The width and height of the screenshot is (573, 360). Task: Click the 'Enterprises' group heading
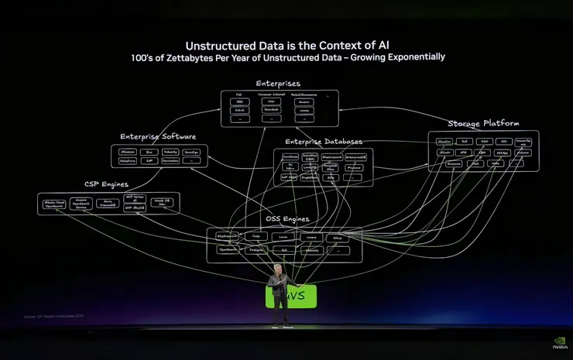(x=278, y=84)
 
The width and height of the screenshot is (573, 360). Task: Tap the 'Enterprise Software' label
(x=157, y=136)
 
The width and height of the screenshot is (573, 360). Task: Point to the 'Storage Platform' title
(x=483, y=123)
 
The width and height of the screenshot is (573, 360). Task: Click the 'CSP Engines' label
(x=106, y=184)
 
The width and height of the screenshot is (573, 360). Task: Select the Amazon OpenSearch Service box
(x=81, y=204)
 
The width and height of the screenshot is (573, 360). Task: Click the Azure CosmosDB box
(x=109, y=204)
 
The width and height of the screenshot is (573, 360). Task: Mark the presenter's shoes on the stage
(x=281, y=324)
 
